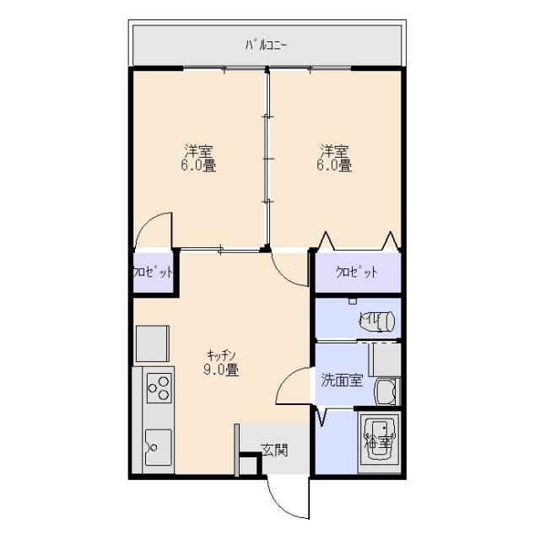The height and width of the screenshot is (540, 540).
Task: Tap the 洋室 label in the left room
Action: click(199, 152)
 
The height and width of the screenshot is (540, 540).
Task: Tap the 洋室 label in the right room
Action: click(333, 152)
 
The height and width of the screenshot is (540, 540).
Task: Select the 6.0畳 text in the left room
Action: click(199, 166)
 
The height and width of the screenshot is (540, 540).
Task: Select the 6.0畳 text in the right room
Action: click(333, 166)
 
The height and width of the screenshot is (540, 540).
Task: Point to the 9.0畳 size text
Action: click(220, 370)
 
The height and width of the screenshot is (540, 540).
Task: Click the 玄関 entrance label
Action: click(273, 450)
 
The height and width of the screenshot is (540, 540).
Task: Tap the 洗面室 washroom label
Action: click(341, 380)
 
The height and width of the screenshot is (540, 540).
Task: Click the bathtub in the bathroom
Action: click(378, 443)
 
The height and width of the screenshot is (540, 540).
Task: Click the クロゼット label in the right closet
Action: click(356, 273)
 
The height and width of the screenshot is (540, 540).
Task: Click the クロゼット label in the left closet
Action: click(154, 273)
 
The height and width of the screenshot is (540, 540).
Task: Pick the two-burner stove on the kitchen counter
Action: click(159, 389)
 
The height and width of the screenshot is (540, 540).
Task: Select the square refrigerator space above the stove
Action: click(153, 343)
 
